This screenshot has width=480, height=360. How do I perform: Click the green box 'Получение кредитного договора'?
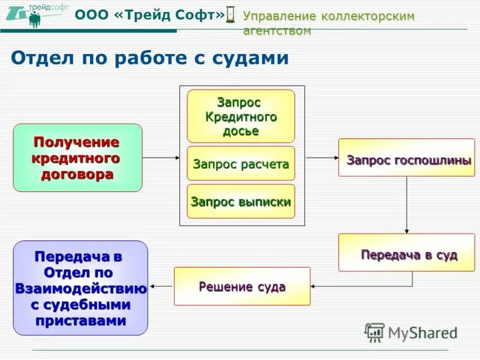pos(77,158)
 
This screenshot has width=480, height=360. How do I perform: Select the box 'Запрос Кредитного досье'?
pos(241,116)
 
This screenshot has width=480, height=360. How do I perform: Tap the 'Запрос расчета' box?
pos(241,163)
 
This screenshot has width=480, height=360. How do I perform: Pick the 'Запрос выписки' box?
pos(241,201)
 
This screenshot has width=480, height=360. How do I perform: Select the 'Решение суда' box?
pos(242,286)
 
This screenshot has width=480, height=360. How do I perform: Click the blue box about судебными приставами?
pos(80,288)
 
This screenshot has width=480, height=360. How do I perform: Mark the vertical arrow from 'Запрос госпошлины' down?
pos(407,204)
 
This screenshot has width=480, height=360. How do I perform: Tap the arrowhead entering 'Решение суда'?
pos(314,286)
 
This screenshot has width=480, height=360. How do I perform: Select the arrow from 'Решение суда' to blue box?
pos(161,286)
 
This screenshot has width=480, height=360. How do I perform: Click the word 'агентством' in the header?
pos(277,31)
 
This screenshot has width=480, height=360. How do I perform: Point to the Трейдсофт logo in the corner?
pos(36,14)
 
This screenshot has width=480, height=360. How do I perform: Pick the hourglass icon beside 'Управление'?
pos(232,16)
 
